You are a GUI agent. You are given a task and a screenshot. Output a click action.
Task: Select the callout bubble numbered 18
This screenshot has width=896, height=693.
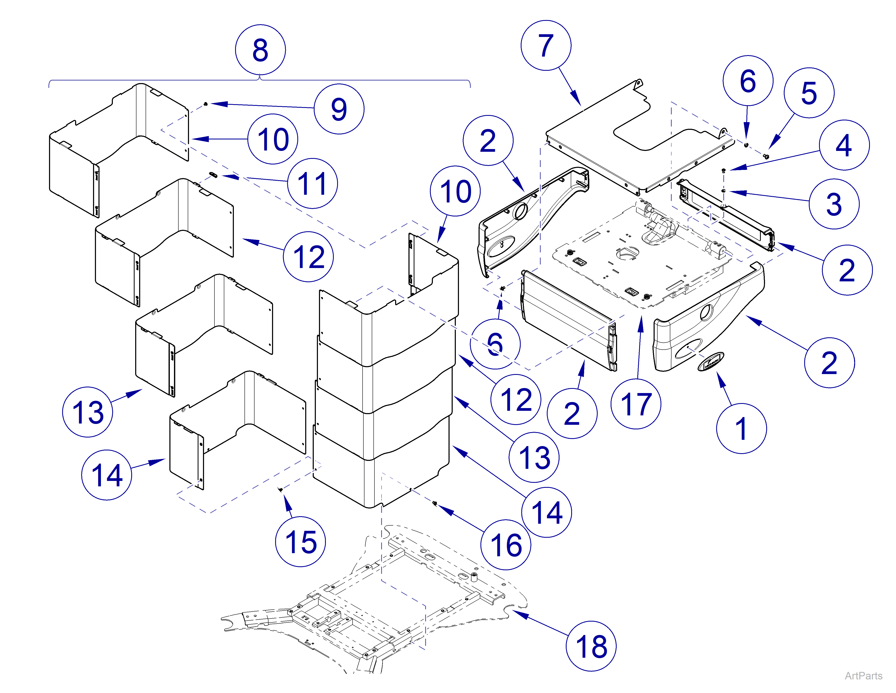591,646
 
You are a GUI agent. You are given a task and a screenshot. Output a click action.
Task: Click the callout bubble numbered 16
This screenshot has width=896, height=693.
505,545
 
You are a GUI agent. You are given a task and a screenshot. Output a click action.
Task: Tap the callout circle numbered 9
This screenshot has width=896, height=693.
339,109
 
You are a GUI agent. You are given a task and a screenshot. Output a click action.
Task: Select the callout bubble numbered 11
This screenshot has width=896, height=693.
312,183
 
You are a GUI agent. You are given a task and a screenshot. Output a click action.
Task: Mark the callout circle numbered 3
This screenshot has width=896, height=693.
834,204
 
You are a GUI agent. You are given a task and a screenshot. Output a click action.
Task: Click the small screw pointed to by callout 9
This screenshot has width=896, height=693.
206,104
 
